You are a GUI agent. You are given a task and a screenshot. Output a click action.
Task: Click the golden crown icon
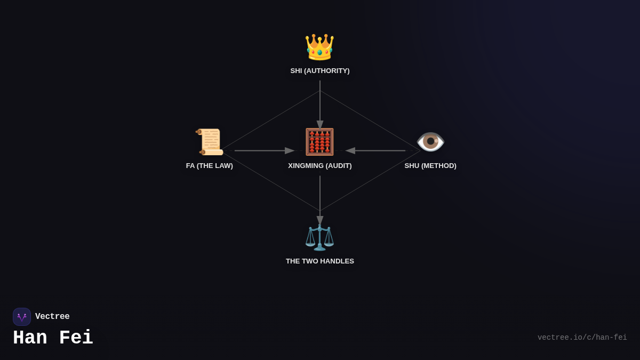tap(319, 47)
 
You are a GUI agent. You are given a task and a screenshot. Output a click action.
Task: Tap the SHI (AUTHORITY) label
tap(320, 71)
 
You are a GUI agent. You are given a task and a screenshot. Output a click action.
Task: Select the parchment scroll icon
tap(210, 142)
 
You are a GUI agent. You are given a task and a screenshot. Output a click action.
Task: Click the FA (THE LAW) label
tap(210, 166)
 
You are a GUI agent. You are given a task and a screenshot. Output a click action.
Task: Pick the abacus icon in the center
tap(319, 142)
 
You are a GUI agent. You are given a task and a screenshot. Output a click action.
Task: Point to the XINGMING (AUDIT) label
tap(320, 166)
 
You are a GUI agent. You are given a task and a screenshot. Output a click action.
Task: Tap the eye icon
tap(430, 142)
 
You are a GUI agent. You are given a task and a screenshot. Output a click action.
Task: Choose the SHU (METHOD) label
tap(430, 166)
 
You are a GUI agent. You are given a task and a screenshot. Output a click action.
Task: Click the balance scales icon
tap(319, 238)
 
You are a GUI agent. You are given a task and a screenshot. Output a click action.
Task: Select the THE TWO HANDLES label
tap(320, 261)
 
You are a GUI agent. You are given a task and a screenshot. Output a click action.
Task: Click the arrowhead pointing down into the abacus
tap(320, 125)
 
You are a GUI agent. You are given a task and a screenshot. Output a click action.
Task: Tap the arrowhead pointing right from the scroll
tap(290, 150)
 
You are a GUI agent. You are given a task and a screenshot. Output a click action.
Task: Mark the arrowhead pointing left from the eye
tap(350, 150)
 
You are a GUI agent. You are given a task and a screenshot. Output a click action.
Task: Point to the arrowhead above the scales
tap(320, 220)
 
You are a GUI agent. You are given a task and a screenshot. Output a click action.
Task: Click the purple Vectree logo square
tap(22, 317)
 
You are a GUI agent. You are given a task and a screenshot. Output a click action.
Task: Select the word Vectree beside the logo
tap(52, 316)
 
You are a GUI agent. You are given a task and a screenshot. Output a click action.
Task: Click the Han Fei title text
tap(53, 338)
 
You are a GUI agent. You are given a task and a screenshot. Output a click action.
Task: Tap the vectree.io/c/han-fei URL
tap(582, 338)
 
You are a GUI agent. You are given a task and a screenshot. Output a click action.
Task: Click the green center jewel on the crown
tap(319, 53)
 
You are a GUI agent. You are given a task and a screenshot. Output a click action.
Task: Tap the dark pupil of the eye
tap(430, 141)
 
